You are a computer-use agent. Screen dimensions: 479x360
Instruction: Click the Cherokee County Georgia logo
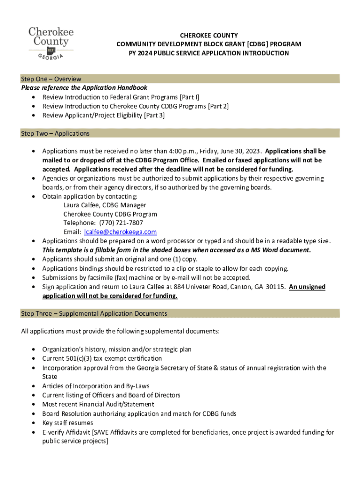coord(51,44)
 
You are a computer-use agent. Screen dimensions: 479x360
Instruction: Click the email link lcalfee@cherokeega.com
coord(120,232)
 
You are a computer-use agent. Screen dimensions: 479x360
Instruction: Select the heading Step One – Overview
coord(51,79)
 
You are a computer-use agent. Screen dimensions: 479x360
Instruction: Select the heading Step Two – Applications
coord(55,133)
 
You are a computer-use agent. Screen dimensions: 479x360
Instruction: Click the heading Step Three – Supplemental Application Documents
coord(94,313)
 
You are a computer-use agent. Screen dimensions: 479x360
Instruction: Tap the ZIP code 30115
coord(276,287)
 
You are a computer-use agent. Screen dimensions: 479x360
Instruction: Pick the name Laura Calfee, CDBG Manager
coord(105,205)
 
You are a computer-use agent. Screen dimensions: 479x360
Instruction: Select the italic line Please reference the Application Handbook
coord(84,88)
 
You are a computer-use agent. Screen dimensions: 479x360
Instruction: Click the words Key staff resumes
coord(67,423)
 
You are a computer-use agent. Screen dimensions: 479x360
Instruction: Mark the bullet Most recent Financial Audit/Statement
coord(98,404)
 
